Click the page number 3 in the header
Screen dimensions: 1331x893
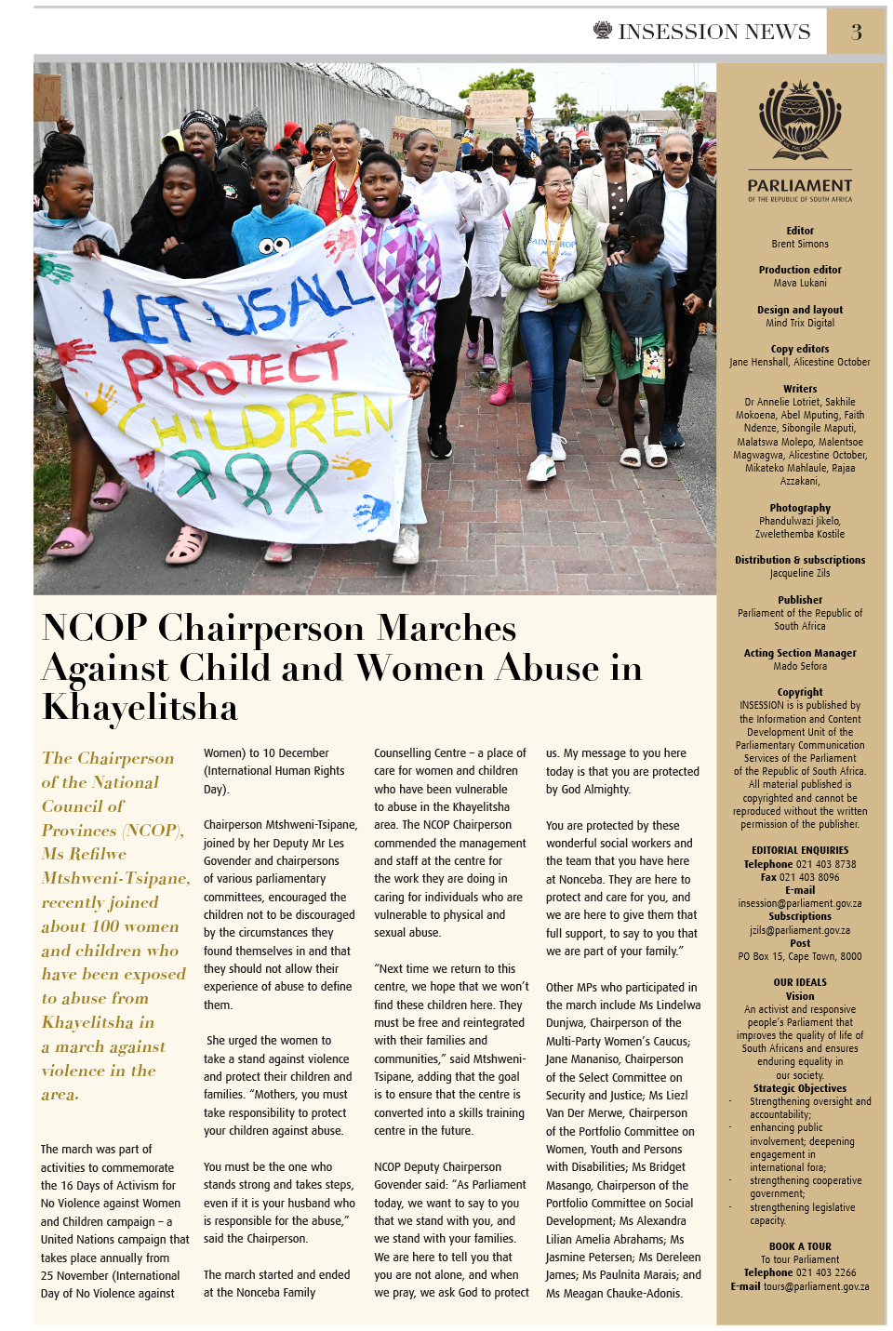856,33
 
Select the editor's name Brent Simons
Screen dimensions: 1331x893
800,245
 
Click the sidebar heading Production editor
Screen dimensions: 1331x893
800,271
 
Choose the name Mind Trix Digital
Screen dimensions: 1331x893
800,324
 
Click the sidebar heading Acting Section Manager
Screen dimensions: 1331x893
800,653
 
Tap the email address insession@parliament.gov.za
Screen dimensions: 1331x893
800,903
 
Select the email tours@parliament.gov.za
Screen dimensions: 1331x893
816,1287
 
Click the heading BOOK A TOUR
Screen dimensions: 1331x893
800,1246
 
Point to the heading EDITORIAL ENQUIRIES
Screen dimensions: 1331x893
800,850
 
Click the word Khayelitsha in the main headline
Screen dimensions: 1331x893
140,708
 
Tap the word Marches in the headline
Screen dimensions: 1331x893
446,628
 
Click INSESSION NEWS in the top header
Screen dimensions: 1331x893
714,33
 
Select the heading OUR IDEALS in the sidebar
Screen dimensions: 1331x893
800,982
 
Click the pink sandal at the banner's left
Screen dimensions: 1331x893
71,540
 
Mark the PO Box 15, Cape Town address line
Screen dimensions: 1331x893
800,956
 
